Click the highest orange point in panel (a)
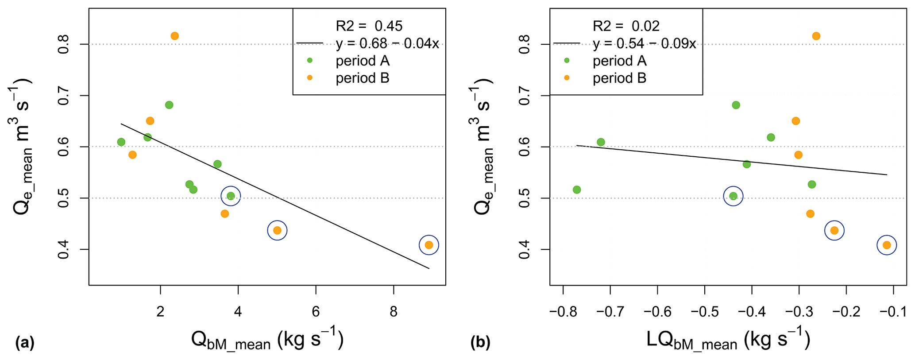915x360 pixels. tap(174, 36)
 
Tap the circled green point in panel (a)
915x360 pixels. tap(231, 196)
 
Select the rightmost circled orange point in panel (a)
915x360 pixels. tap(429, 245)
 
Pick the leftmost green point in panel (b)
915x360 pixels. tap(577, 190)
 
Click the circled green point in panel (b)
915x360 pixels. tap(733, 196)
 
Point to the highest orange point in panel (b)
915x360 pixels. tap(816, 36)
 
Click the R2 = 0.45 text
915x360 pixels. tap(369, 26)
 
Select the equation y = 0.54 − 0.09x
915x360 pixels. tap(644, 43)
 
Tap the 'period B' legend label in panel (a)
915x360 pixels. tap(362, 78)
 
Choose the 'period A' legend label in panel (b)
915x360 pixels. tap(619, 61)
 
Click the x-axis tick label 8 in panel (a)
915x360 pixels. tap(394, 312)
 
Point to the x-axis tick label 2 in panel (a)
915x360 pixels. tap(160, 312)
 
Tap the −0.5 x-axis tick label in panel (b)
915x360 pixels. tap(704, 312)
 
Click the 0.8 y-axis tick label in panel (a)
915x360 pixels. tap(63, 44)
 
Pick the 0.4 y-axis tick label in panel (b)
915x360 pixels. tap(524, 249)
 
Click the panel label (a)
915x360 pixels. tap(25, 343)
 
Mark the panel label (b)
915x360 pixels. tap(481, 343)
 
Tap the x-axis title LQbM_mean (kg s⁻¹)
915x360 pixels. tap(728, 340)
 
